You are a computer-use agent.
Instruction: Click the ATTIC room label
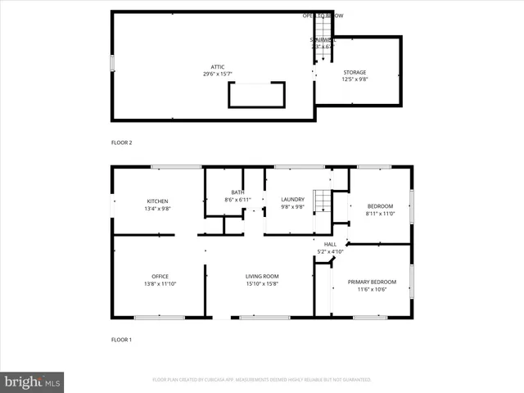coord(217,67)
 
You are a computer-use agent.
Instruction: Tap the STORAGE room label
coord(354,72)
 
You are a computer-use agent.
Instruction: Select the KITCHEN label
coord(157,201)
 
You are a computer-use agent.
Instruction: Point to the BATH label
coord(237,192)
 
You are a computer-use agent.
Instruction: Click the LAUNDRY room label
coord(292,199)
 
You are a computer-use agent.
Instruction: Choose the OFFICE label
coord(159,276)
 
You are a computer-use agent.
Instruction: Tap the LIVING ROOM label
coord(262,276)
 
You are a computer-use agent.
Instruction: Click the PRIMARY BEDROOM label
coord(372,282)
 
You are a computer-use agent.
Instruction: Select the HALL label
coord(330,244)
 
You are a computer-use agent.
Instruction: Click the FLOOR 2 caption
coord(121,142)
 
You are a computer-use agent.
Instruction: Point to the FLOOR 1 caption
coord(121,339)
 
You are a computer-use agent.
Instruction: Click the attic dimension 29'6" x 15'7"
coord(217,75)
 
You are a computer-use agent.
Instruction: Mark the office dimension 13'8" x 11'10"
coord(159,283)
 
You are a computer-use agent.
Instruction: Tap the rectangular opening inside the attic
coord(256,95)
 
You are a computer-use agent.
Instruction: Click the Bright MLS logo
coord(33,382)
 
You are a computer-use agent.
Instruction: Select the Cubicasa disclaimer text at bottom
coord(262,380)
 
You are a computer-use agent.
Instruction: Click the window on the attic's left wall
coord(112,63)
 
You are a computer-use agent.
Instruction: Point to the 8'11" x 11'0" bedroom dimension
coord(380,213)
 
